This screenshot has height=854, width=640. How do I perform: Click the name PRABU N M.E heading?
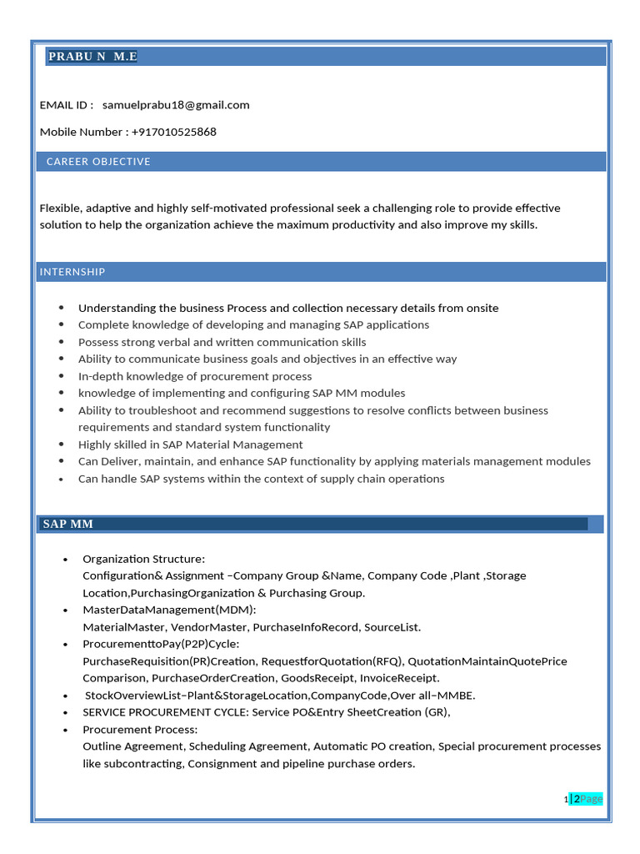(x=92, y=57)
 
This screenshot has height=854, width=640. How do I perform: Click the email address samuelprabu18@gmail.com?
(x=176, y=105)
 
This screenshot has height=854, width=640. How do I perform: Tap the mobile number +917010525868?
(x=173, y=132)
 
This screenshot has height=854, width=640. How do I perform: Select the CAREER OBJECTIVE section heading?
(x=98, y=162)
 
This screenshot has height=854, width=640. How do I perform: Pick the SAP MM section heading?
(x=68, y=524)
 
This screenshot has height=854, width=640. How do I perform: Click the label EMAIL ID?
(x=66, y=105)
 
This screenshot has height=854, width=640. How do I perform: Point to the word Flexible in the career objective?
(x=60, y=208)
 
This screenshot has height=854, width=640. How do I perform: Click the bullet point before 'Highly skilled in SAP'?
(x=62, y=445)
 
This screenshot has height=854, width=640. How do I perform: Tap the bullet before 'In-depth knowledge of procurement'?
(x=62, y=376)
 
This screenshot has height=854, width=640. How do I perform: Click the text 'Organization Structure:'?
(x=143, y=559)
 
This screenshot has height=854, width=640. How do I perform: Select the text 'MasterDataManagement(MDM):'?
(x=169, y=610)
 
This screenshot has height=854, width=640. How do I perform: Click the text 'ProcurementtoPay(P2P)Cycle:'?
(x=161, y=644)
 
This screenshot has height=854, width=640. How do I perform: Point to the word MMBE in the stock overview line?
(x=459, y=696)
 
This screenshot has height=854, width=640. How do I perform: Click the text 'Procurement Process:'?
(x=140, y=730)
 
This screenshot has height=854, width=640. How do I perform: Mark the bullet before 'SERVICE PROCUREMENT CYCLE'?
(x=66, y=712)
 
